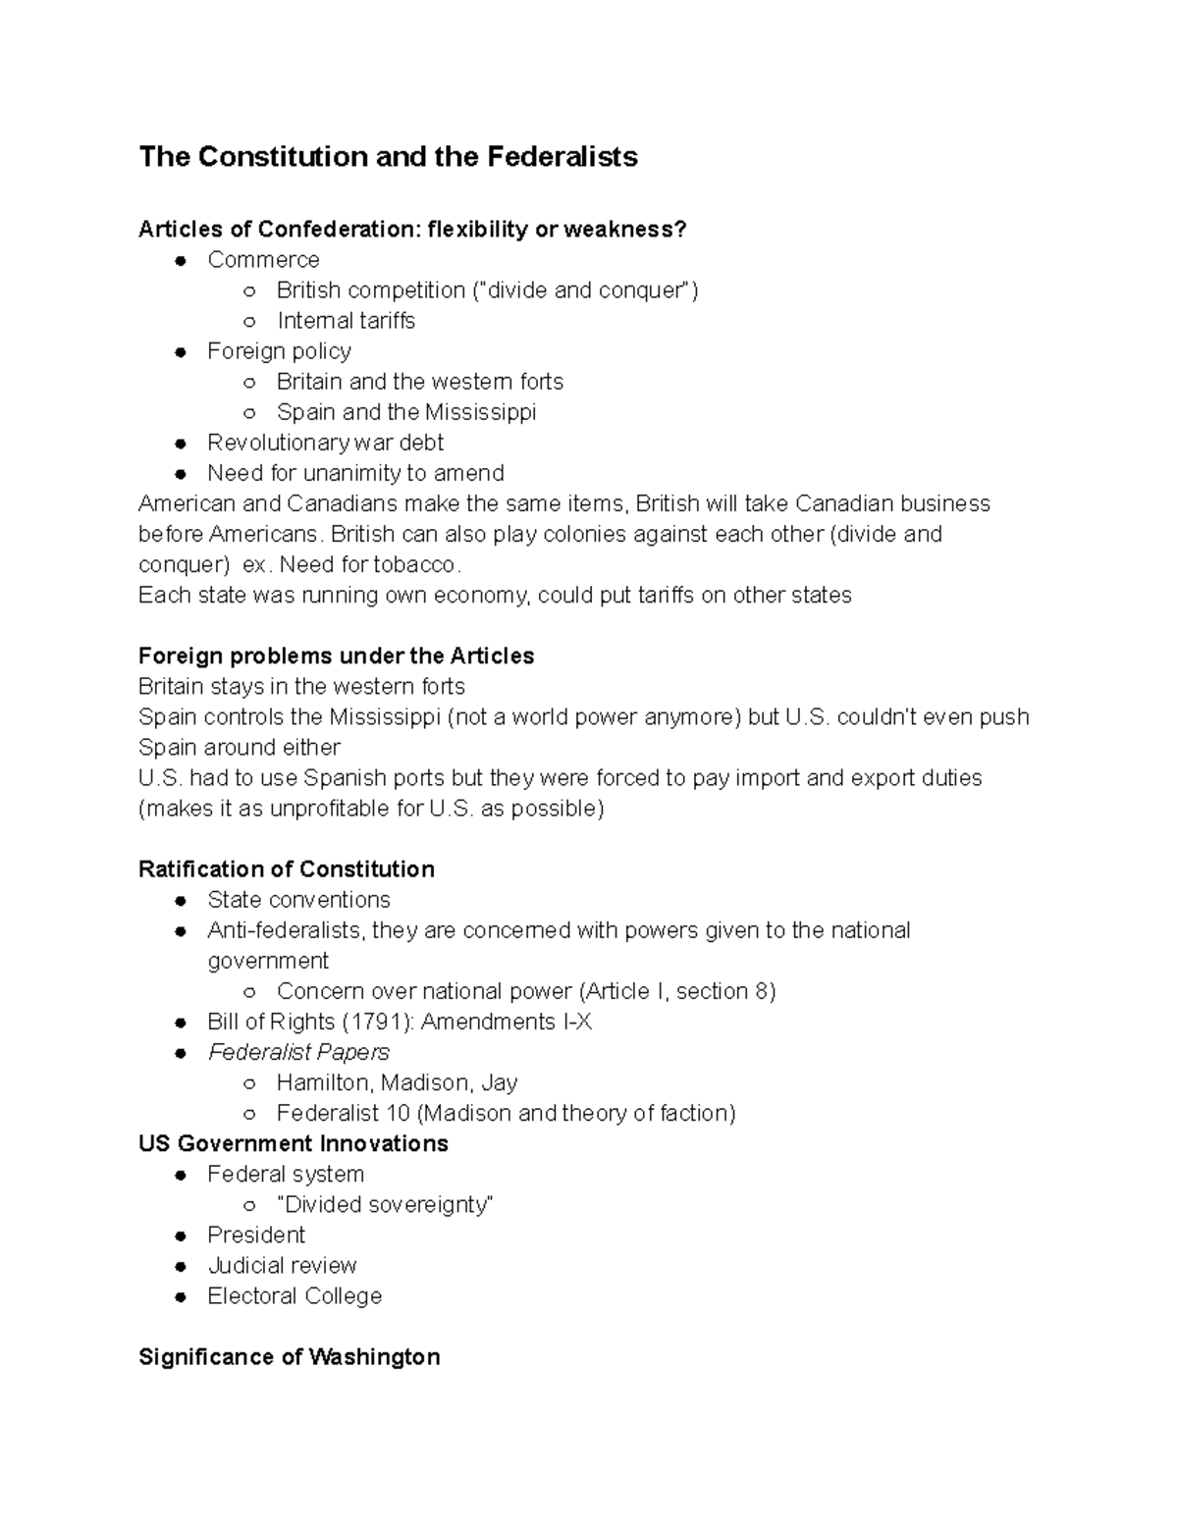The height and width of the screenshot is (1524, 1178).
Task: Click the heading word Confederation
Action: [x=339, y=230]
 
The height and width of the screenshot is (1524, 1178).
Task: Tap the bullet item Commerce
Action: [x=263, y=260]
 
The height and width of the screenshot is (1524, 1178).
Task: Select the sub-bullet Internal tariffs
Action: [x=346, y=321]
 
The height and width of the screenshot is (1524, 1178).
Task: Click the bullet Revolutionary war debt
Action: [x=325, y=443]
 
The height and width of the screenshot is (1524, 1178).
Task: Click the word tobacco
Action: [x=416, y=565]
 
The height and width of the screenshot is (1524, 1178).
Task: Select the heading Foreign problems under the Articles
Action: [x=336, y=657]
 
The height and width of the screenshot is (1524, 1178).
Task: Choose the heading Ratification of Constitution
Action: [x=286, y=869]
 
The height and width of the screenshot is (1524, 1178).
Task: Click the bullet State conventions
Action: [x=298, y=900]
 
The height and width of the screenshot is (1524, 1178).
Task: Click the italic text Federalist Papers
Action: [x=298, y=1052]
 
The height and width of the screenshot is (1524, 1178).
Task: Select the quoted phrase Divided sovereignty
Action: [x=385, y=1204]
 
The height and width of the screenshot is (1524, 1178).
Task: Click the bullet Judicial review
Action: [x=282, y=1265]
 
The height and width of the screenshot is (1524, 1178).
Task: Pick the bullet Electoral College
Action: [x=294, y=1295]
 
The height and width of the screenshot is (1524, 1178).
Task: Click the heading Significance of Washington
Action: [x=289, y=1357]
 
